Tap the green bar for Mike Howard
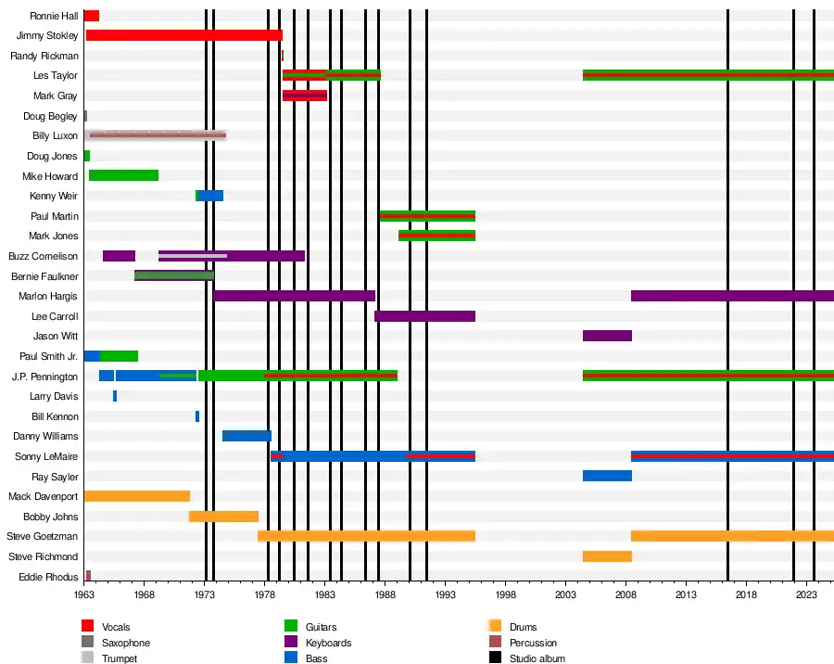point(123,175)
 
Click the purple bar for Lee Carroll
point(424,316)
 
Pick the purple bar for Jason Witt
point(607,336)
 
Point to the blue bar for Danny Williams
point(246,436)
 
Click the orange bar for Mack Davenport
point(136,496)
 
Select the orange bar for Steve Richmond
point(607,556)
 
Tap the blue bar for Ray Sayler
point(607,476)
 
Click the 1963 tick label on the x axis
point(84,594)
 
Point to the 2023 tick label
point(806,594)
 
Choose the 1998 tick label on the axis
point(505,594)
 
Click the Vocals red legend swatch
point(88,627)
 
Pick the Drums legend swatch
point(496,627)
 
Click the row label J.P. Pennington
point(44,377)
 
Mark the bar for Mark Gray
point(304,96)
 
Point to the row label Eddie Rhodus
point(48,577)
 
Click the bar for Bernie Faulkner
point(174,275)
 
